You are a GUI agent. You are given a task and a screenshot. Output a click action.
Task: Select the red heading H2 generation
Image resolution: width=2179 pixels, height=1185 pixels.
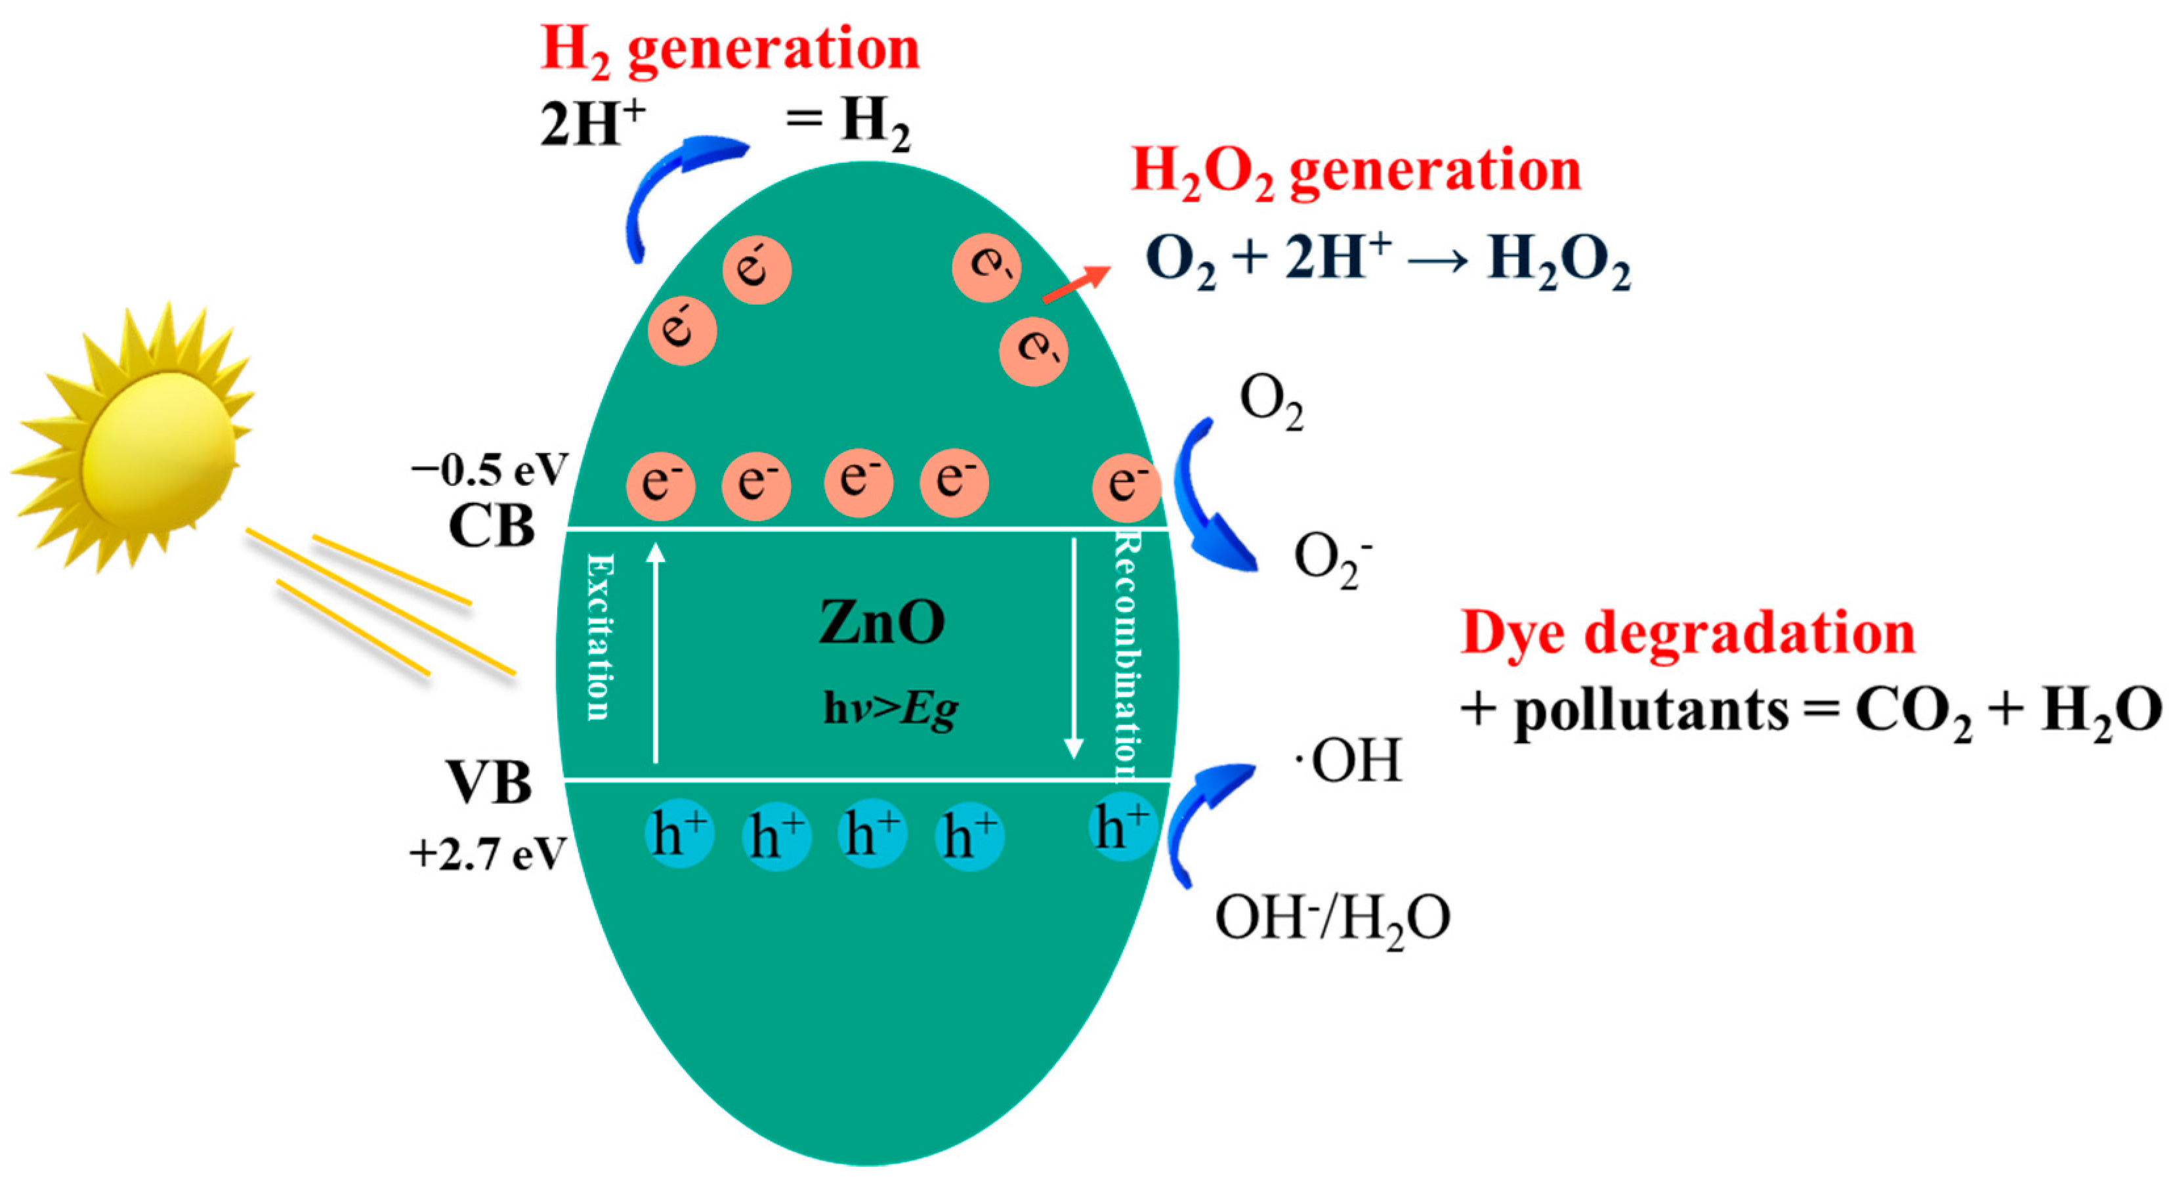point(729,49)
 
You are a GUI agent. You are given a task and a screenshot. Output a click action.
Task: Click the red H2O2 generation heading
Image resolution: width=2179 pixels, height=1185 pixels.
point(1355,172)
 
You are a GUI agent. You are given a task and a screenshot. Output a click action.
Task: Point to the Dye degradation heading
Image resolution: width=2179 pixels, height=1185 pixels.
point(1687,634)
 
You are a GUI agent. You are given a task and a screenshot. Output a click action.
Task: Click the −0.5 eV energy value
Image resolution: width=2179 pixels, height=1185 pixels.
point(489,470)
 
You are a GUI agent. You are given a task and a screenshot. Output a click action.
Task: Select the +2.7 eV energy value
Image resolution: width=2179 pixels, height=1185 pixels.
point(486,854)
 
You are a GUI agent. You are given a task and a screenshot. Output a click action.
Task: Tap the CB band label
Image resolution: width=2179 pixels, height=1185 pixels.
point(492,527)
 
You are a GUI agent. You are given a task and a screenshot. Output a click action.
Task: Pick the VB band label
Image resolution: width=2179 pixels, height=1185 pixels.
point(489,783)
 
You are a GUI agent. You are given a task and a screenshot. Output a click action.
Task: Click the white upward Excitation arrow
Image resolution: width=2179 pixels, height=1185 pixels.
point(656,651)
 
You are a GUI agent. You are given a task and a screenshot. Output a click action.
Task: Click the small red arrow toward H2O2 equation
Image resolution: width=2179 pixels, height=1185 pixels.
point(1075,284)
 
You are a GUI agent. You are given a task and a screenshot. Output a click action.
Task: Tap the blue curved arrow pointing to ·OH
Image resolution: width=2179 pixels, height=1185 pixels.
point(1201,812)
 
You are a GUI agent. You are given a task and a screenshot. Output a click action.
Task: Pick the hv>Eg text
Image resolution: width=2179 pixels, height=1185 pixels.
point(890,709)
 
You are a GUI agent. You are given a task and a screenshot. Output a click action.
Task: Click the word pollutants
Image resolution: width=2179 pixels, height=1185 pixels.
point(1650,710)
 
